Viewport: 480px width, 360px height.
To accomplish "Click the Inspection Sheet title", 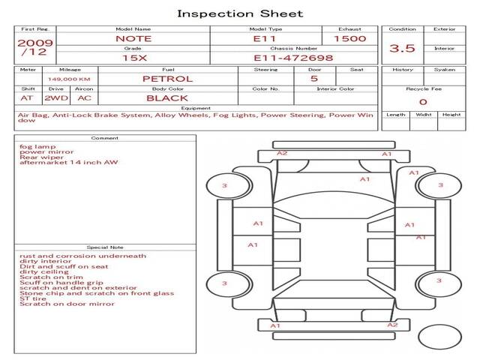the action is [240, 13].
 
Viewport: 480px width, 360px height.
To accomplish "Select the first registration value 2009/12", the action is [35, 47].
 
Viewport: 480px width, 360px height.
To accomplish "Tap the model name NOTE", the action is [133, 39].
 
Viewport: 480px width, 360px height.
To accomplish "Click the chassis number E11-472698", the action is [293, 58].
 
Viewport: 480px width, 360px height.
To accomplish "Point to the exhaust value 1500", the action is [350, 39].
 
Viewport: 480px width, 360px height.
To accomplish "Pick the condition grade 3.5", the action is [402, 48].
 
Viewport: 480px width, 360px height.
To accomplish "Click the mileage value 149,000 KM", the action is [69, 79].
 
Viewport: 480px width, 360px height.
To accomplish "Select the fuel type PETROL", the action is [168, 79].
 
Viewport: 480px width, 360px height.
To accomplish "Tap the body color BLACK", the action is [167, 98].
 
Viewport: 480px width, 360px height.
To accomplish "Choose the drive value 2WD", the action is [56, 98].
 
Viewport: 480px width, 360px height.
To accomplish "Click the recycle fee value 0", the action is [423, 102].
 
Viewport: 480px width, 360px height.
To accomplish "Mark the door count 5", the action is [314, 79].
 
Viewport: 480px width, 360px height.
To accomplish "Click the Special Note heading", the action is [105, 247].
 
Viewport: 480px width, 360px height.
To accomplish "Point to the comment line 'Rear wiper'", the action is [42, 157].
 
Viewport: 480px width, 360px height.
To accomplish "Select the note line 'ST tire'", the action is [33, 298].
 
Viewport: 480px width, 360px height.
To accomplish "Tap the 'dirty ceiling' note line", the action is [44, 271].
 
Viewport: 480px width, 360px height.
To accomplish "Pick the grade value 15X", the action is [135, 58].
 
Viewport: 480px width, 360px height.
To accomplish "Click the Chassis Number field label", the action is [294, 48].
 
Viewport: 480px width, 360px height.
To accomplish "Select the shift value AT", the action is [27, 98].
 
